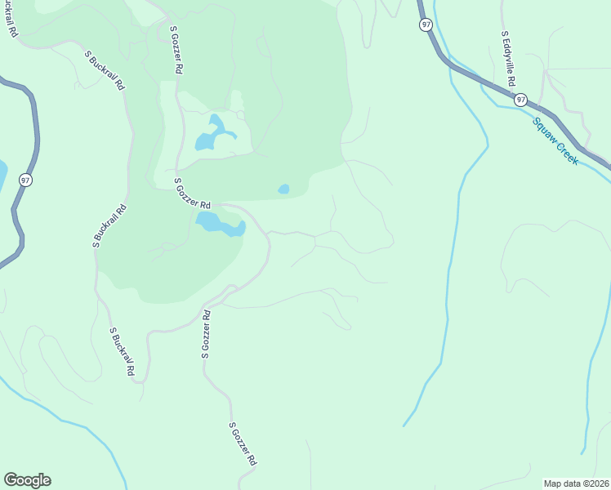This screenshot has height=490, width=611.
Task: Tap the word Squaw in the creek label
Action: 545,131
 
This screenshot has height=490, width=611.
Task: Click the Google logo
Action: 27,480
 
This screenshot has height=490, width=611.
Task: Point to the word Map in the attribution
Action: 554,483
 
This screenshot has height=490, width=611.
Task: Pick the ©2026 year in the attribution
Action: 595,483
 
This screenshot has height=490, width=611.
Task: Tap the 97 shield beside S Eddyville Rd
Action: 521,100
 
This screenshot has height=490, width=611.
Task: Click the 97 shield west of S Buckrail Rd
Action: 26,180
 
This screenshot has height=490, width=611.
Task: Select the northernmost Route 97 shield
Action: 426,25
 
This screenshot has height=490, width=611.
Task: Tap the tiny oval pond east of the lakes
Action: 283,189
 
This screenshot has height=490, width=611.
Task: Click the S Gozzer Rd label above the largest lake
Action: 193,194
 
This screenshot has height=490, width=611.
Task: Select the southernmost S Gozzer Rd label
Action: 243,444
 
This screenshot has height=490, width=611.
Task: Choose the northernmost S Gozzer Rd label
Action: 175,51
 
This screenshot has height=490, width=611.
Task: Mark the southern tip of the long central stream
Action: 404,425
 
